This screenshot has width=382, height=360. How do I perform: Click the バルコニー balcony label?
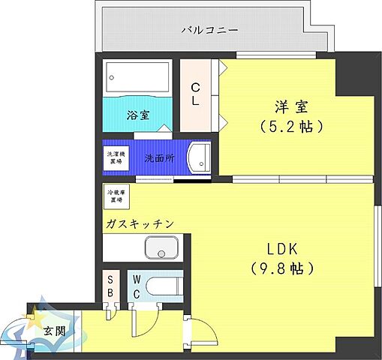210,31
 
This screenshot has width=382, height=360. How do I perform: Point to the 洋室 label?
288,106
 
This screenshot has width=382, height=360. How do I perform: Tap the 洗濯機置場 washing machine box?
116,158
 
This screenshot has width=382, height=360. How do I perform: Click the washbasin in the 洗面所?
200,158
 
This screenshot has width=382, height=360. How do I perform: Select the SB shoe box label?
110,285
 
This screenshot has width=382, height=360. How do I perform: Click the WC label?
137,286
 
